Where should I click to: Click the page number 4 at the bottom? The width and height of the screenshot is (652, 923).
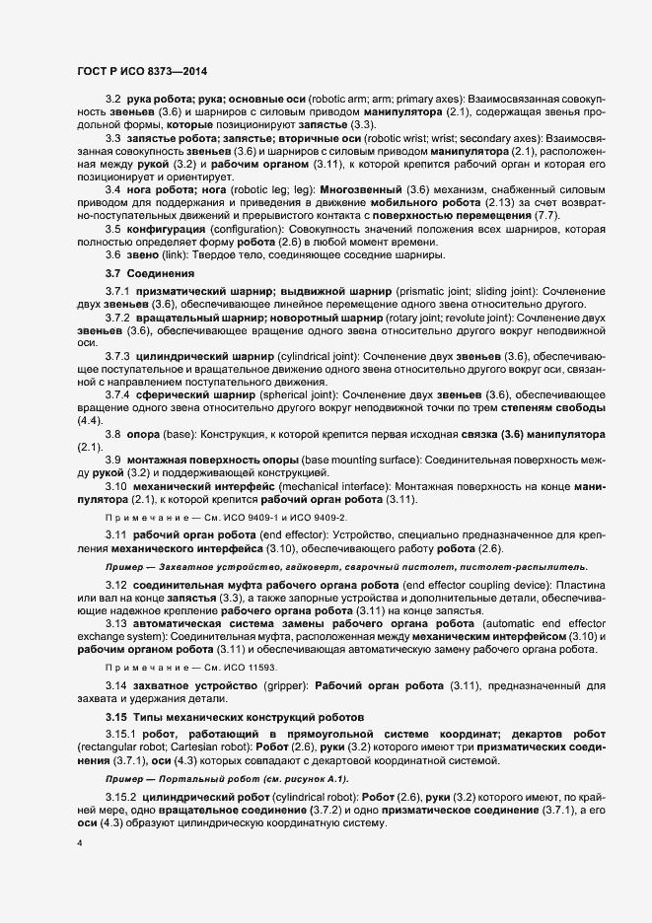tap(79, 846)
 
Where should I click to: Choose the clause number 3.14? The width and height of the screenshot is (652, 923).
tap(117, 684)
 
